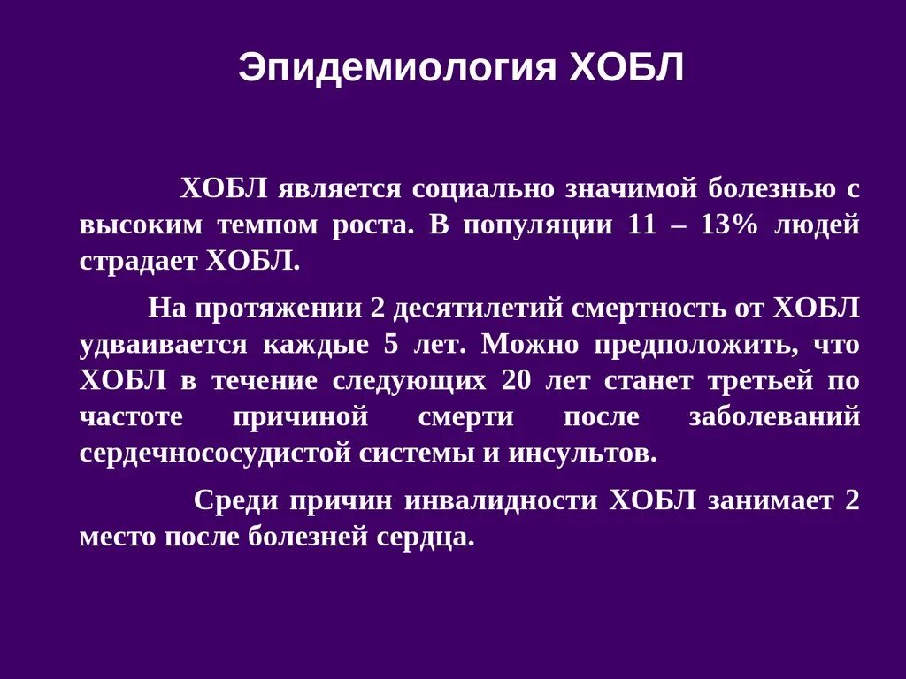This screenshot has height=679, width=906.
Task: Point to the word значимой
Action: (x=628, y=188)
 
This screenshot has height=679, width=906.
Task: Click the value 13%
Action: (x=730, y=225)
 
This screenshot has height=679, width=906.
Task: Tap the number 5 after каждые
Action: (x=389, y=343)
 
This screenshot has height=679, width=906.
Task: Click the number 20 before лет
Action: (x=517, y=380)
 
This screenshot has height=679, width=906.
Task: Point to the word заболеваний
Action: (x=774, y=416)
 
